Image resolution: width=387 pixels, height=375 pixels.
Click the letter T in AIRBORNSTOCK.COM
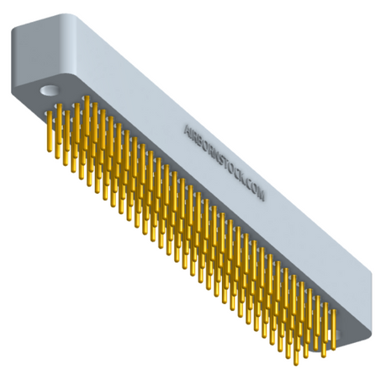pyautogui.click(x=227, y=164)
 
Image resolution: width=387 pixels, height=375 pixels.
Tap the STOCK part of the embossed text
pyautogui.click(x=231, y=169)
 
